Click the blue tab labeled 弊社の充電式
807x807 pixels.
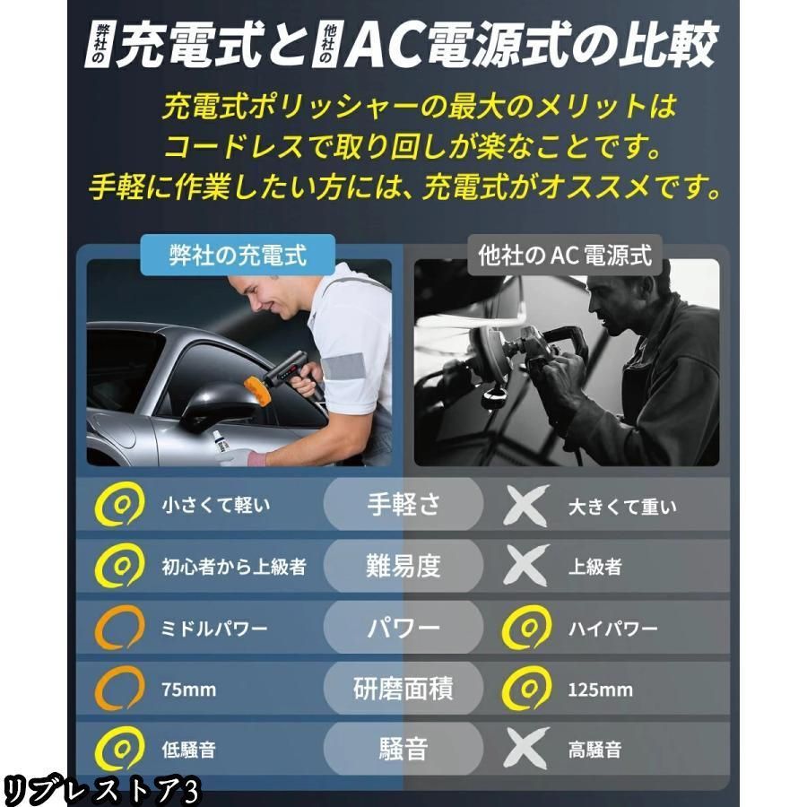tap(238, 255)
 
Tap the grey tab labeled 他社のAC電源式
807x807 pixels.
tap(565, 255)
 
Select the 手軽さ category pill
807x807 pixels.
tap(403, 504)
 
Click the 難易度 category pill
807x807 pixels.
tap(403, 566)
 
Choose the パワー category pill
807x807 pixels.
tap(403, 628)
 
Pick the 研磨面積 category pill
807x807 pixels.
tap(403, 688)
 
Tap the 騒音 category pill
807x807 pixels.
tap(403, 749)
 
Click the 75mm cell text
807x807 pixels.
tap(189, 690)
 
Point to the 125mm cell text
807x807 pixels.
tap(600, 690)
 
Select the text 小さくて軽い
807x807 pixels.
tap(215, 505)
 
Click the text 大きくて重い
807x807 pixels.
tap(622, 507)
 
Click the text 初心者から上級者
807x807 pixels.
tap(234, 567)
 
